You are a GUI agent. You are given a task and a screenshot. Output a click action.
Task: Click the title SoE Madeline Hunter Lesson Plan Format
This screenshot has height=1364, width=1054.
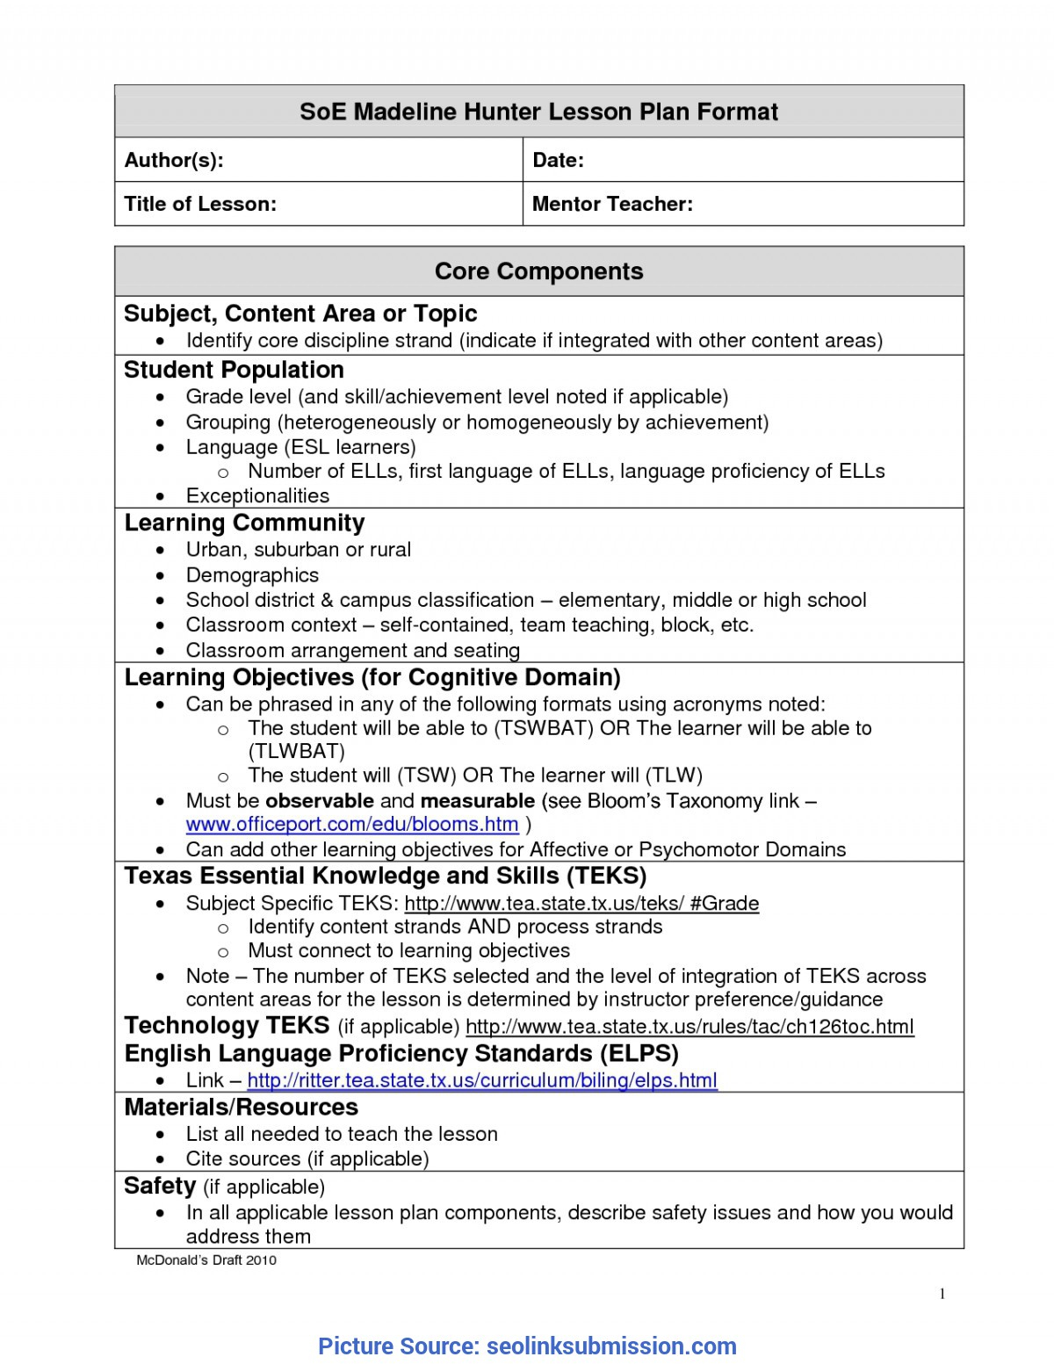click(x=538, y=112)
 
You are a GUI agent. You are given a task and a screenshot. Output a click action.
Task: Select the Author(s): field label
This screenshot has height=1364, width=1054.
click(x=174, y=160)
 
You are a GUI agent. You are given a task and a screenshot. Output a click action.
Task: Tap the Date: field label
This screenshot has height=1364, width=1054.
click(x=558, y=160)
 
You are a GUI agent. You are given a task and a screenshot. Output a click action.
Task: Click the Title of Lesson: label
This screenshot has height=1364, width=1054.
click(x=200, y=204)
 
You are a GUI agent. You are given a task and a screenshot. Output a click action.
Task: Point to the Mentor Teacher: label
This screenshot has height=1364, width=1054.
click(x=612, y=204)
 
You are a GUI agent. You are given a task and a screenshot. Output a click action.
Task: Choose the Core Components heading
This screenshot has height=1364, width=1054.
click(x=538, y=271)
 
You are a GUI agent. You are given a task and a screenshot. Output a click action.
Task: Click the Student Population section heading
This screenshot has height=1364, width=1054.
click(x=234, y=370)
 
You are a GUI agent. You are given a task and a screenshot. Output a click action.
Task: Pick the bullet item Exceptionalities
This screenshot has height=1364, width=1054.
click(x=257, y=496)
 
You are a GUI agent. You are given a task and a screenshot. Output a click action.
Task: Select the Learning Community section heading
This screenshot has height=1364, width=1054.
click(x=244, y=523)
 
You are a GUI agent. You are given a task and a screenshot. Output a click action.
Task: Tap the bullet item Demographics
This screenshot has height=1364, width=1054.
click(x=252, y=575)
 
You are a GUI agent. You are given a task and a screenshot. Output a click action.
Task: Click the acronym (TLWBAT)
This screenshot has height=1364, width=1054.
click(x=296, y=751)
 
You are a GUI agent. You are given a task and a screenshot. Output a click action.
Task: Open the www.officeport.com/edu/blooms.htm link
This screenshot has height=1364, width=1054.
click(x=351, y=824)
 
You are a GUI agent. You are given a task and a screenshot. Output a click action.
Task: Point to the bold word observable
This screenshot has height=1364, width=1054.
click(x=320, y=801)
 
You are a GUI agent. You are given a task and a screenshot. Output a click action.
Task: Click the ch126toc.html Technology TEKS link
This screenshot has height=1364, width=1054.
click(x=689, y=1027)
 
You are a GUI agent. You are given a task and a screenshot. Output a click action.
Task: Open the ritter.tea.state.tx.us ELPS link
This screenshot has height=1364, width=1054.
click(x=482, y=1080)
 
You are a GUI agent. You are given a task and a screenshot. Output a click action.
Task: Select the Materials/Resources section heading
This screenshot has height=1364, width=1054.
click(x=242, y=1107)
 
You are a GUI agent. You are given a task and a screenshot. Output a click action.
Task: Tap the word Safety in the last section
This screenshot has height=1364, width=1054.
click(x=160, y=1186)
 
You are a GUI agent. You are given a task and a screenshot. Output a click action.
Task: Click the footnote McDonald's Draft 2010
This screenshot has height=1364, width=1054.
click(x=206, y=1260)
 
